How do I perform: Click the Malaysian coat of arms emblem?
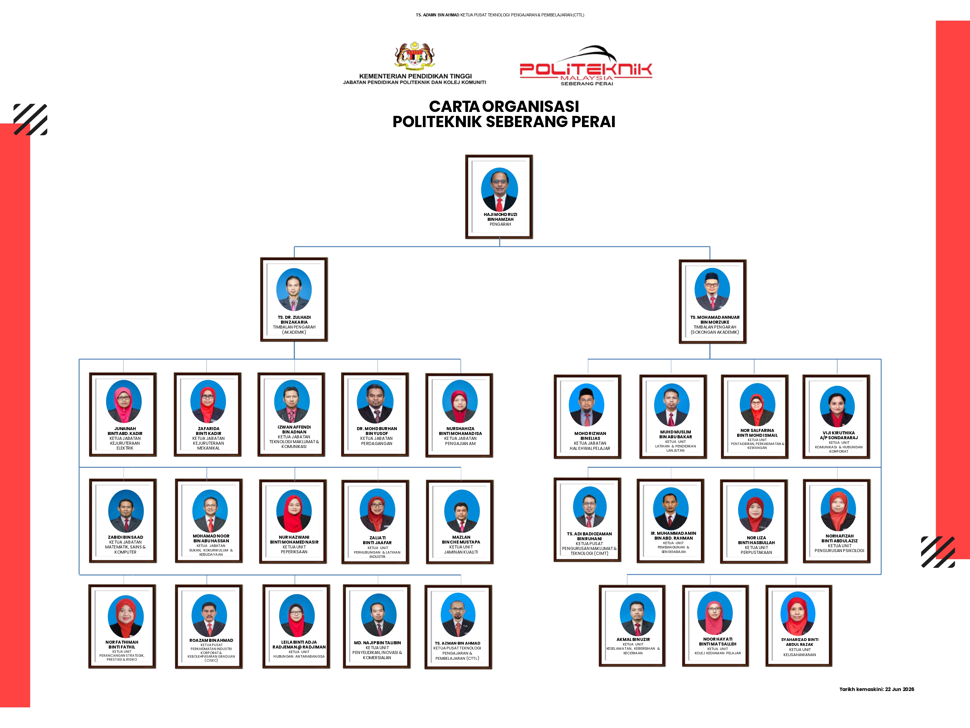pyautogui.click(x=414, y=56)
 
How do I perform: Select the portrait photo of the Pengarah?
pyautogui.click(x=500, y=189)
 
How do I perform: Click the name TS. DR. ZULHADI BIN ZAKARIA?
pyautogui.click(x=294, y=319)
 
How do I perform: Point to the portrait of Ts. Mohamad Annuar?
pyautogui.click(x=712, y=290)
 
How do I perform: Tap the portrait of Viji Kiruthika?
pyautogui.click(x=837, y=406)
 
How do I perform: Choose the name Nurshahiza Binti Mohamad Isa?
pyautogui.click(x=460, y=431)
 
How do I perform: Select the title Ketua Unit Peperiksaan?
pyautogui.click(x=294, y=549)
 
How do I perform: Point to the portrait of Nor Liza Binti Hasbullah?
pyautogui.click(x=756, y=510)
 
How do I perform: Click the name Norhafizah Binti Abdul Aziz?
pyautogui.click(x=839, y=538)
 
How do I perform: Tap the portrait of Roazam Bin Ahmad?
pyautogui.click(x=209, y=615)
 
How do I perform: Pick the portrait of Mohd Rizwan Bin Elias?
pyautogui.click(x=586, y=405)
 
